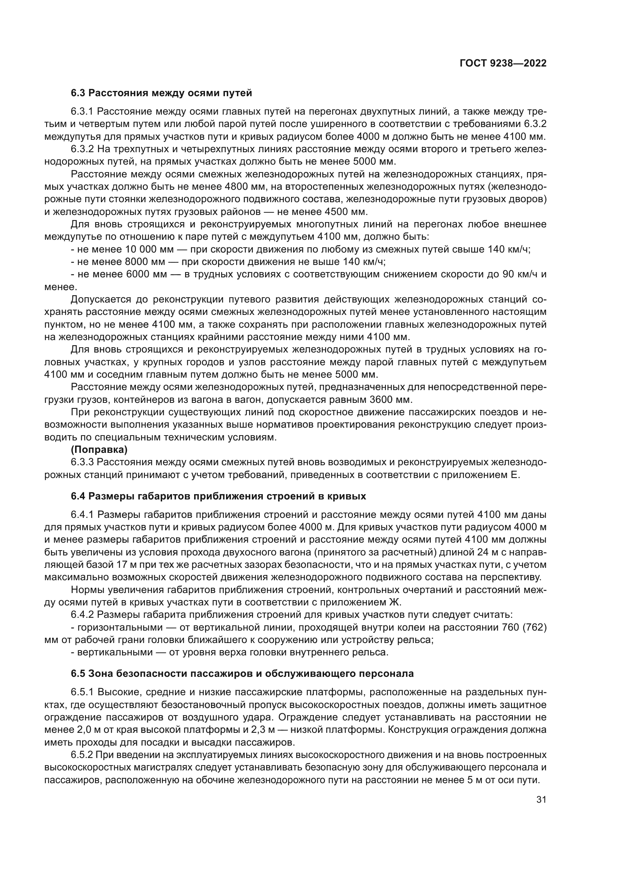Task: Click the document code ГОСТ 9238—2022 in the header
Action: (502, 63)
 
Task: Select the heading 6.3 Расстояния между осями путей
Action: (161, 93)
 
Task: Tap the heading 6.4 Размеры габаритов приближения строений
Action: (219, 496)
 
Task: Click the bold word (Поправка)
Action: (99, 450)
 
